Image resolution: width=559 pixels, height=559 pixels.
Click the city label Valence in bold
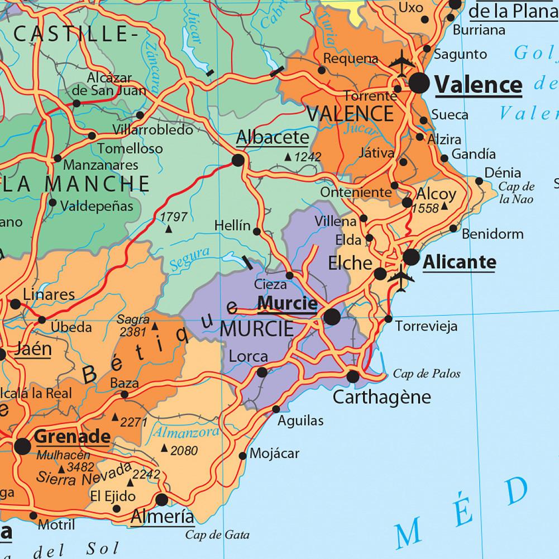[x=478, y=85]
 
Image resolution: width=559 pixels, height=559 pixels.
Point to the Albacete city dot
[x=238, y=161]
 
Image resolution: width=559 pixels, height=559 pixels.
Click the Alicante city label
[x=459, y=261]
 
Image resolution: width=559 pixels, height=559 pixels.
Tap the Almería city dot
[x=162, y=499]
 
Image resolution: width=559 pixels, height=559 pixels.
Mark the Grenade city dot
[x=23, y=446]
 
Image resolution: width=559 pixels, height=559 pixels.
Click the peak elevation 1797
[x=173, y=217]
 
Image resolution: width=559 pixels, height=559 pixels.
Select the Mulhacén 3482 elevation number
[x=79, y=466]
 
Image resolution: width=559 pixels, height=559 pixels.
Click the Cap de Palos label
[x=427, y=374]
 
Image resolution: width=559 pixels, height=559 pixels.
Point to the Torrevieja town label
[x=426, y=326]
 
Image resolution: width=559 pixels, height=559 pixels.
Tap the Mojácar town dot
[x=242, y=456]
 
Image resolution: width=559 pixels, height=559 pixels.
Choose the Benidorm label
[x=493, y=234]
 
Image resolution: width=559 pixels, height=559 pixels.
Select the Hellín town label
[x=232, y=226]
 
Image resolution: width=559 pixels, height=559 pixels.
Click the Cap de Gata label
[x=217, y=534]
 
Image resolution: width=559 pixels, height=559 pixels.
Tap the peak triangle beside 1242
[x=288, y=157]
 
